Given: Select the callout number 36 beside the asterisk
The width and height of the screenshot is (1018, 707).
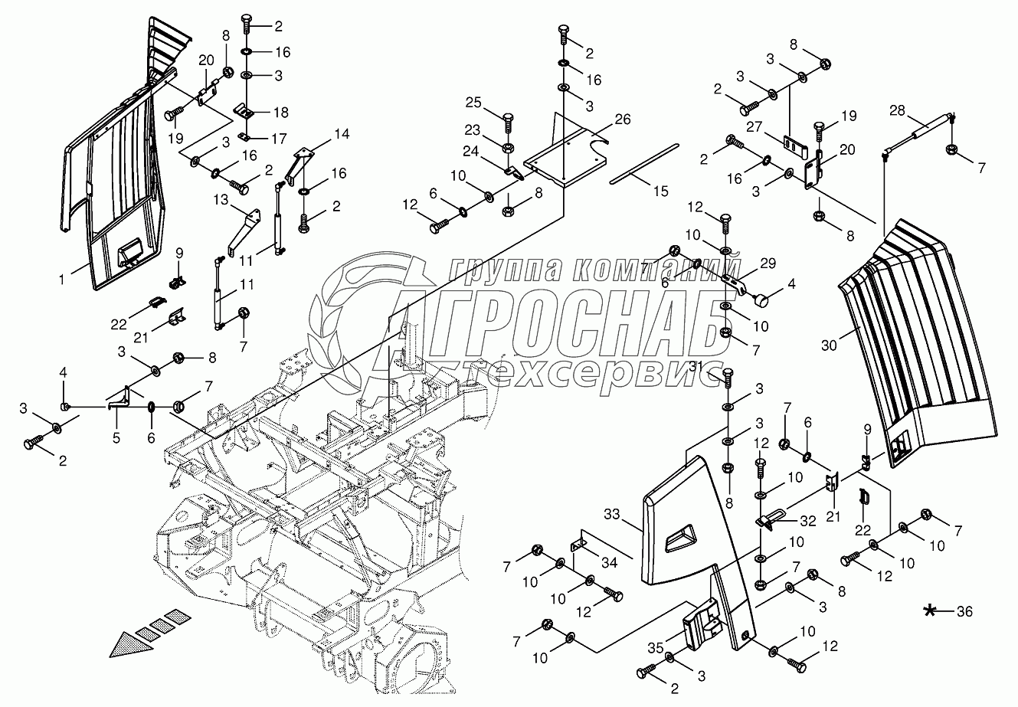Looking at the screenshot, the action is [964, 611].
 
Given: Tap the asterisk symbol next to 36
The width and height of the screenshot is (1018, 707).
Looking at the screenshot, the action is [931, 610].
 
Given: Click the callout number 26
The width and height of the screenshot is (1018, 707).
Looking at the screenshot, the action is [623, 120].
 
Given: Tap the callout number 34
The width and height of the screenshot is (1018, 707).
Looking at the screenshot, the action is [609, 563].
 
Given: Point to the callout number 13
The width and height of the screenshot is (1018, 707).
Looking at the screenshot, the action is [221, 198].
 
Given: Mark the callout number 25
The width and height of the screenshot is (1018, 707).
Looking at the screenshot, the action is [473, 103].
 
